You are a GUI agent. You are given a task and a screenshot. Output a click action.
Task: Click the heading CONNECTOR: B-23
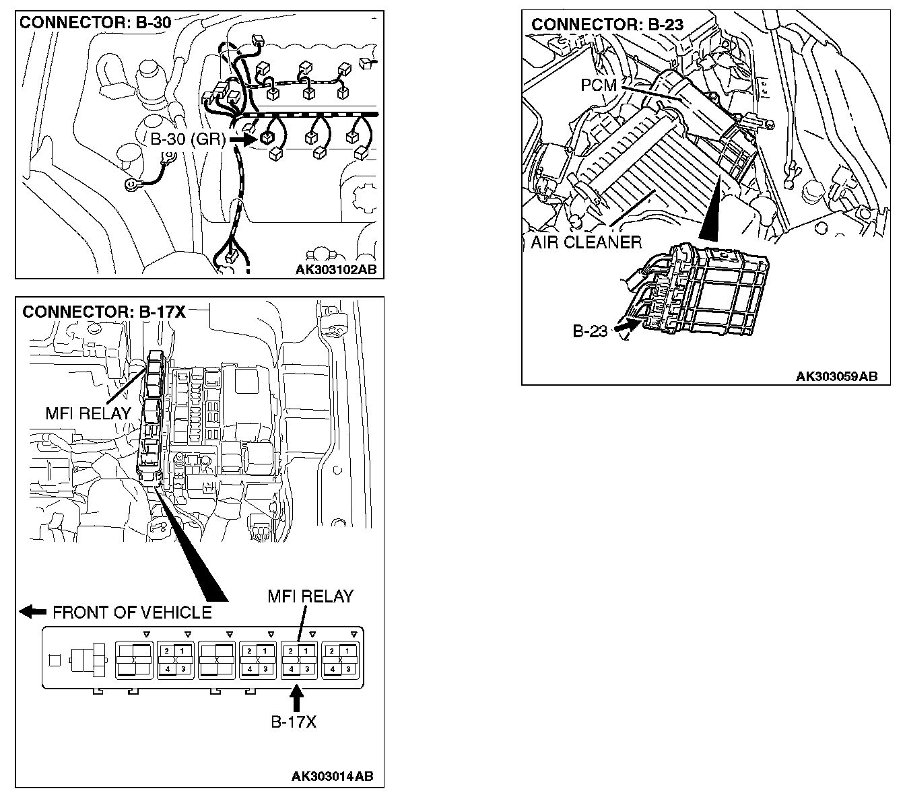pos(607,25)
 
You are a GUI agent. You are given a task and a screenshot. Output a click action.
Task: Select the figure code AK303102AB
pos(336,270)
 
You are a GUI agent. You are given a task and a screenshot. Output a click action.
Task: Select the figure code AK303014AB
pos(332,776)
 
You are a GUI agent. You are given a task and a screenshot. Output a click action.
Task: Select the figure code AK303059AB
pos(837,376)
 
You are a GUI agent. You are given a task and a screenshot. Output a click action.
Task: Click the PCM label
pos(599,85)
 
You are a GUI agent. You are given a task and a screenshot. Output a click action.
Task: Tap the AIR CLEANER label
pos(586,242)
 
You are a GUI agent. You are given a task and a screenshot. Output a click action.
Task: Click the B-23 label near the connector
pos(590,331)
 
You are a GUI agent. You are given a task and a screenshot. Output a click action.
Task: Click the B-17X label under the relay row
pos(294,722)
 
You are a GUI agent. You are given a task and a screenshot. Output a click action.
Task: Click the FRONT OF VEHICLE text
pos(132,612)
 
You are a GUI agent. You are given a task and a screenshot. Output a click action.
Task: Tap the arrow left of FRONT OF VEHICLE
pos(32,611)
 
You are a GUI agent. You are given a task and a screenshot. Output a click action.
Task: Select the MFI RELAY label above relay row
pos(310,596)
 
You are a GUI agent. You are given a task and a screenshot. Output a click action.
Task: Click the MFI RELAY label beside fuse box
pos(88,413)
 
